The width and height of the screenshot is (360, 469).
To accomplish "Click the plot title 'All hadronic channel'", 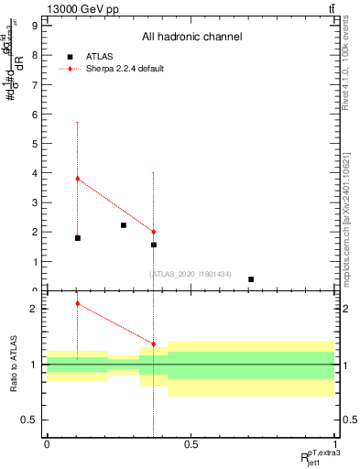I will pos(191,37).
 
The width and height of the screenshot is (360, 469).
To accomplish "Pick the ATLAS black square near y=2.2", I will pos(124,225).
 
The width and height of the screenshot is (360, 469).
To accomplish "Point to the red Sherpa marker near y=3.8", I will pos(78,179).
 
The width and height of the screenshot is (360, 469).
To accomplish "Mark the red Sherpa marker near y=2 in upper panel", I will pos(153,232).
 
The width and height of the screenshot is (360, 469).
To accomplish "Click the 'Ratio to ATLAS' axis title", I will pos(13,364).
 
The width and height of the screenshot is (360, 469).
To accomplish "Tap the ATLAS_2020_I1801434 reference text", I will pos(190,275).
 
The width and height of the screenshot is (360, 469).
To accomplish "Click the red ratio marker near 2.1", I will pos(78,303).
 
